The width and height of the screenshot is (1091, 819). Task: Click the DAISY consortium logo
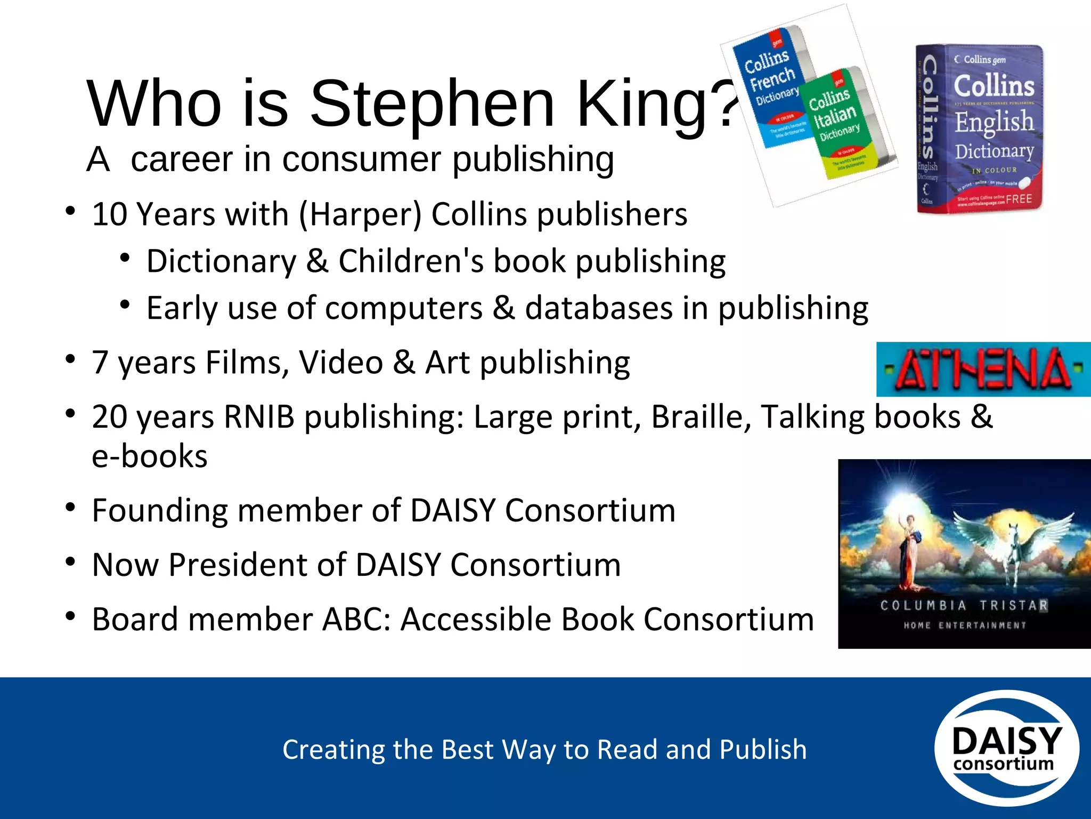point(1006,748)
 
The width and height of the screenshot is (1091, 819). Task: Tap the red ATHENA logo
point(983,369)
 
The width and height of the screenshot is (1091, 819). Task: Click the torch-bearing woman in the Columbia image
point(910,549)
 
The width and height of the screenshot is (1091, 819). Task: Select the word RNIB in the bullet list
point(259,416)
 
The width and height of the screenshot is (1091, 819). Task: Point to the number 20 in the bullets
point(109,416)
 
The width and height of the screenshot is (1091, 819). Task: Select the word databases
point(599,308)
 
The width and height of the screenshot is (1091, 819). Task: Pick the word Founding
point(159,510)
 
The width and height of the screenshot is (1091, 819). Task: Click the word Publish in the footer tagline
point(763,749)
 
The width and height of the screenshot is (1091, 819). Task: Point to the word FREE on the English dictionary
point(1019,199)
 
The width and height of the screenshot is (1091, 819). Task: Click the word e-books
point(150,456)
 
